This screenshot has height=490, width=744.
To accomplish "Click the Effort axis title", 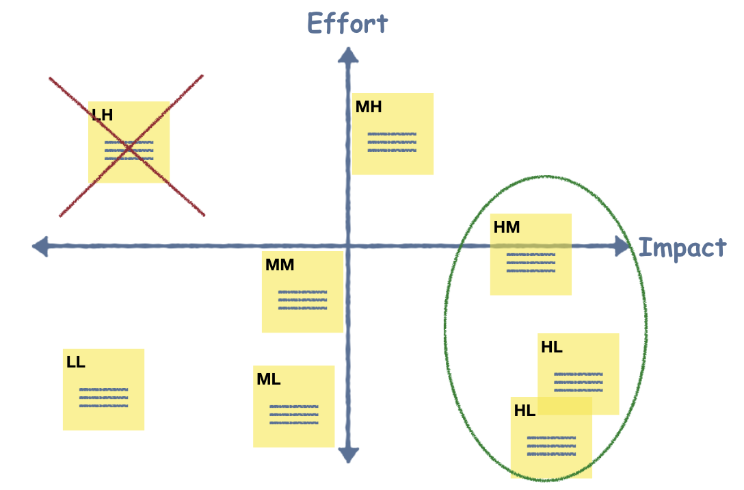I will click(x=347, y=23).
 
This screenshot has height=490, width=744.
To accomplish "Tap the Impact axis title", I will click(x=682, y=247).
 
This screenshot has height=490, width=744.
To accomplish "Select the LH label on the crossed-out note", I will click(x=102, y=114).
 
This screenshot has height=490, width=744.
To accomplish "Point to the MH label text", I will click(x=368, y=107).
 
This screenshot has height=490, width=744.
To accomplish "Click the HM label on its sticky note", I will click(x=507, y=227).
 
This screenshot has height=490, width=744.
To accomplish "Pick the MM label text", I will click(x=279, y=265).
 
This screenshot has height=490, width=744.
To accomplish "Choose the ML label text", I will click(x=268, y=379).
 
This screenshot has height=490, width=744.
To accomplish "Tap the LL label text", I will click(x=76, y=362).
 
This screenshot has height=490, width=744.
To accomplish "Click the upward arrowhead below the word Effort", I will click(x=348, y=55).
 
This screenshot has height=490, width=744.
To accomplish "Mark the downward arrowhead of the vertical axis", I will click(x=348, y=454).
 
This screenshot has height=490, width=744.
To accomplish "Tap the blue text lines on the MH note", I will click(x=392, y=142).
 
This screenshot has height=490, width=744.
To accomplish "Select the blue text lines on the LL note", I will click(x=103, y=398).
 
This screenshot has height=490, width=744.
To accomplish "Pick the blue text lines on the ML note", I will click(x=293, y=415).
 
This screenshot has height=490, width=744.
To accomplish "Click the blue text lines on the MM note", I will click(x=302, y=300).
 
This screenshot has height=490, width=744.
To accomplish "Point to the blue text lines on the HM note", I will click(x=531, y=262).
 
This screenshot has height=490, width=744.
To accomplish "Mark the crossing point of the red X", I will click(x=128, y=148).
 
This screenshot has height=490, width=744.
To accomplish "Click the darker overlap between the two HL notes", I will click(x=564, y=406).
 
